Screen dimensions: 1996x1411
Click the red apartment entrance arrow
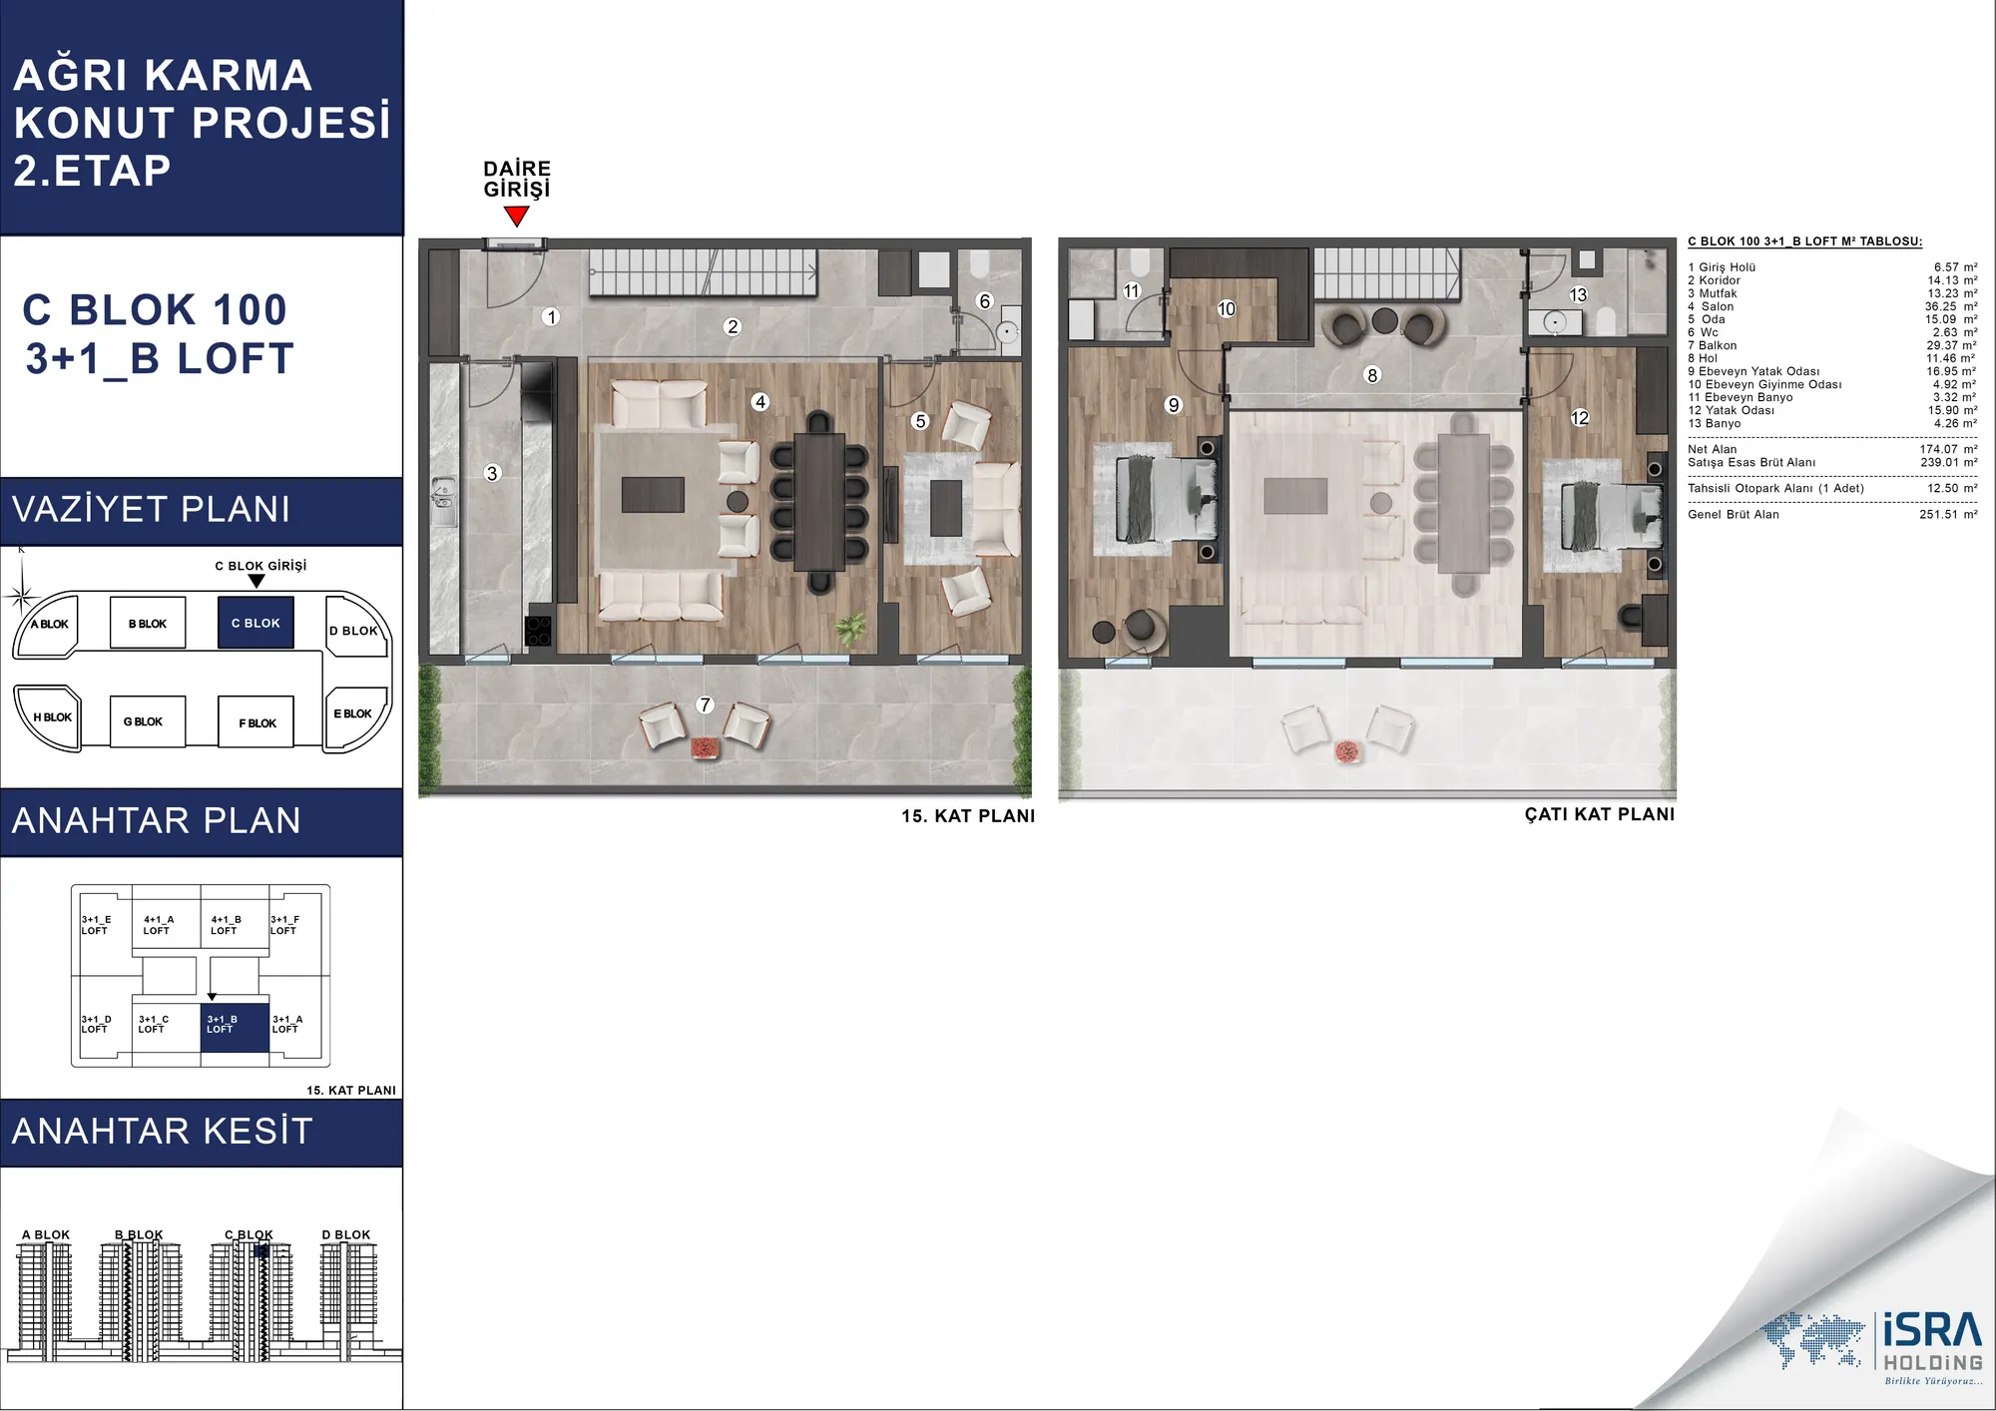coord(516,216)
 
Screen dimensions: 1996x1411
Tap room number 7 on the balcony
coord(706,705)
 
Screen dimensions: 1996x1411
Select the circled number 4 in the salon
coord(760,401)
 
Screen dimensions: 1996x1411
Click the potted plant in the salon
coord(850,630)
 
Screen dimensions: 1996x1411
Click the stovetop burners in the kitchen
coord(538,631)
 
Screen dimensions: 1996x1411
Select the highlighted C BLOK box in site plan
coord(255,623)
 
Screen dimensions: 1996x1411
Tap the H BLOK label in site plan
coord(52,717)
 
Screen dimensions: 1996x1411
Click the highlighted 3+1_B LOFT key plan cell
coord(235,1027)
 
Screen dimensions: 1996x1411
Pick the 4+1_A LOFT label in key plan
coord(158,925)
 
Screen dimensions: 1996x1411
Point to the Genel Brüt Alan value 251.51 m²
coord(1948,514)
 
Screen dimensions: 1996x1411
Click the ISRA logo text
coord(1932,1330)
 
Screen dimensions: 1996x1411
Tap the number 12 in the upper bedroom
coord(1579,417)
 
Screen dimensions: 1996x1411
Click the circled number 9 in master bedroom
coord(1174,404)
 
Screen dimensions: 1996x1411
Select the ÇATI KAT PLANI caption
coord(1600,814)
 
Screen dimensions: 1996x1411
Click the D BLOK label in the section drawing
coord(345,1234)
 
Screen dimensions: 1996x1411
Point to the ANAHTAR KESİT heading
coord(163,1131)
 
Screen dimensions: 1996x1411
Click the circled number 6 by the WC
coord(985,300)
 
